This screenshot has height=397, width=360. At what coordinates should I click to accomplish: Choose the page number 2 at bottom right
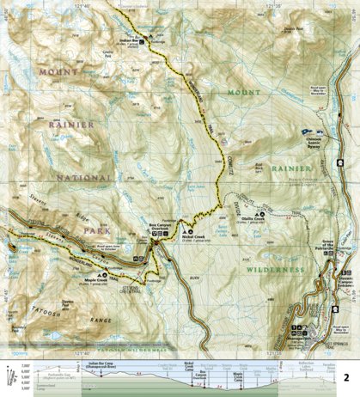(x=346, y=376)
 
